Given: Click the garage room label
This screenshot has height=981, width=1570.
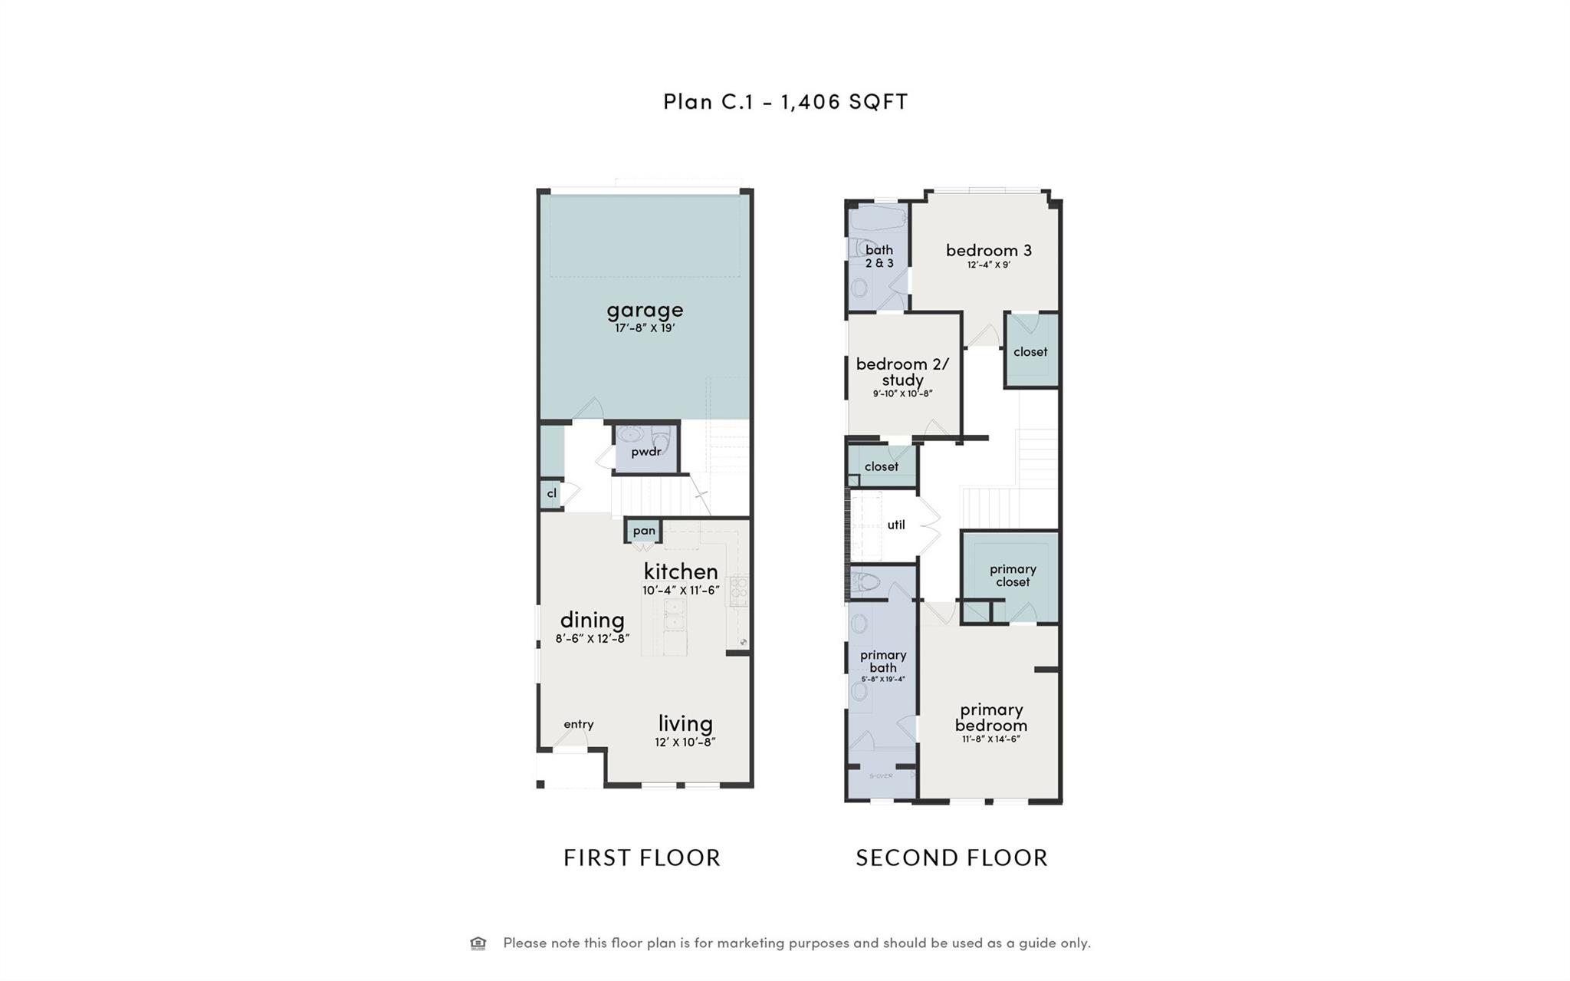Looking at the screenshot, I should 645,310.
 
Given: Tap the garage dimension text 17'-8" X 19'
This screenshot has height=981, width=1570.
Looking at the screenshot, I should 645,328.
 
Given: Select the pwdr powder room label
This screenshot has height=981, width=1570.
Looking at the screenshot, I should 645,452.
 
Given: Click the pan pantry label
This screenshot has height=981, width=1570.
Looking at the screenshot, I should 644,531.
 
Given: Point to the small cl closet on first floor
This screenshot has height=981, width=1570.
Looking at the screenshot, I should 551,493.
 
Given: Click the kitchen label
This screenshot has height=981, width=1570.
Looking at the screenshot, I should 681,571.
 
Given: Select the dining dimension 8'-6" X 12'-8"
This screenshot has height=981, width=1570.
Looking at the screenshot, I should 593,638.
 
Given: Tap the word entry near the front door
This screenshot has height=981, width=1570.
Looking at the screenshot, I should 578,724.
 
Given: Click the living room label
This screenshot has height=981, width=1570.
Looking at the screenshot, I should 685,723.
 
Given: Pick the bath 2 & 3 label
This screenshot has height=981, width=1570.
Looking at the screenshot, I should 879,256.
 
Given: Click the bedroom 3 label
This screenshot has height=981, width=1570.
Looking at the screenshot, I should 988,250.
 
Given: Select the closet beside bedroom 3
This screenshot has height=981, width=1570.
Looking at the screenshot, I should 1030,352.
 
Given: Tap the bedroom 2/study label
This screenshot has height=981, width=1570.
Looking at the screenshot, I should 902,371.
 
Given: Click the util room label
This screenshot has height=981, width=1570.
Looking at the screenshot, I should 895,525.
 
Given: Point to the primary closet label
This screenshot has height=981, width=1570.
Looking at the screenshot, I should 1013,575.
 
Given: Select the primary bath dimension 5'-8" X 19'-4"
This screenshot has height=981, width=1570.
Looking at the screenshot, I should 883,680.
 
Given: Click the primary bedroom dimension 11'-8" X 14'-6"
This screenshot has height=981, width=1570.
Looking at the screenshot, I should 990,739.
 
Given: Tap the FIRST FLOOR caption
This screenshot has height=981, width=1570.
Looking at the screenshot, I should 642,858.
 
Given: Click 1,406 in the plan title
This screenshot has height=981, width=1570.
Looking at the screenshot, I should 810,102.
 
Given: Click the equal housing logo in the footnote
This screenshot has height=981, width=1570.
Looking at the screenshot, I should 478,943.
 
